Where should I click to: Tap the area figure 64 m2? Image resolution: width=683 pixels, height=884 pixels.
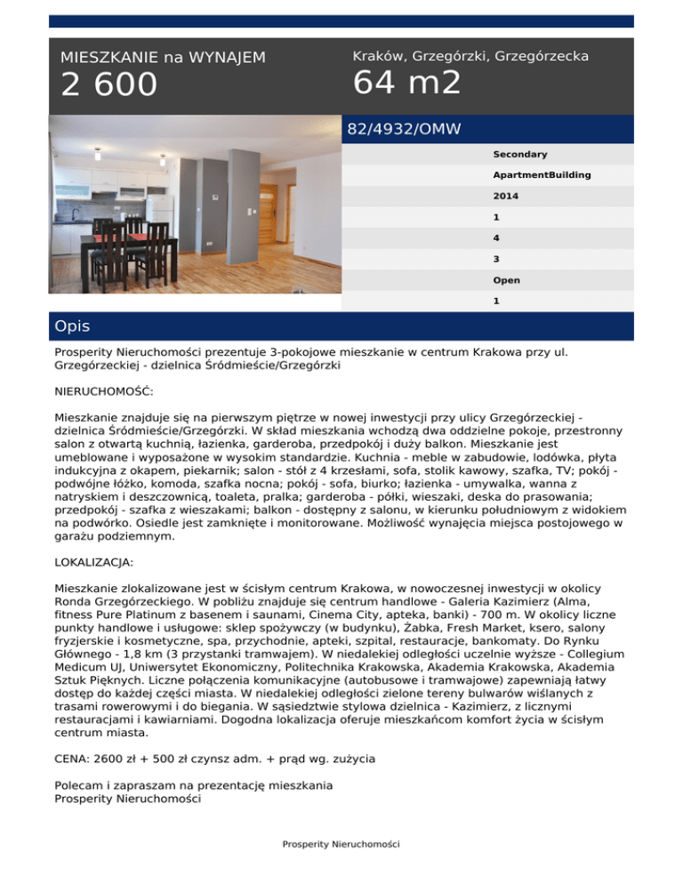tap(407, 84)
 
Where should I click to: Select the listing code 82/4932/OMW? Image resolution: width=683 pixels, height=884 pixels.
tap(404, 130)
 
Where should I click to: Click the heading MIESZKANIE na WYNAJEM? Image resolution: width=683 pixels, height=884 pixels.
tap(163, 58)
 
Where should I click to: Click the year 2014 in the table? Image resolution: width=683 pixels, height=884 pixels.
tap(506, 196)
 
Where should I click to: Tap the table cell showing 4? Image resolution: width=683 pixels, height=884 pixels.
tap(496, 238)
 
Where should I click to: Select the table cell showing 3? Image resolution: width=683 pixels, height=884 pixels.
tap(496, 259)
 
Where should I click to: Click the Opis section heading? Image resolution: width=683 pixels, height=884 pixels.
tap(71, 326)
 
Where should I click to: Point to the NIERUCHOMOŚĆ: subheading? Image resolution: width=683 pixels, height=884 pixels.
tap(104, 390)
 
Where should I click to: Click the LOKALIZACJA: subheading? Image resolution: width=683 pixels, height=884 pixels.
tap(94, 563)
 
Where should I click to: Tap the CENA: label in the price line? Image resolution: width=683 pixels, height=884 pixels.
tap(75, 759)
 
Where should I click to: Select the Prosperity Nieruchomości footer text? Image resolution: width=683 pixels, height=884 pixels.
tap(341, 843)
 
